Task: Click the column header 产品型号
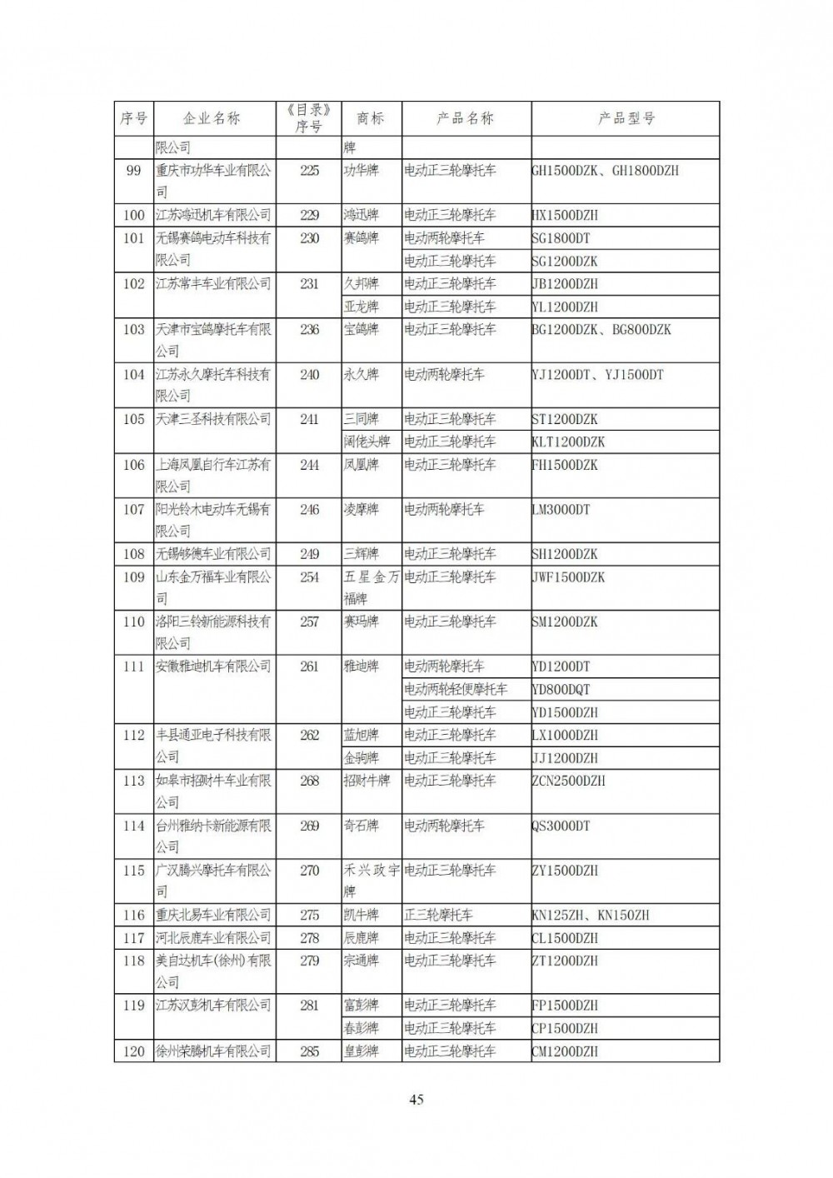click(x=626, y=118)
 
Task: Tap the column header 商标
click(x=371, y=118)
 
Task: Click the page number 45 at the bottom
click(x=416, y=1100)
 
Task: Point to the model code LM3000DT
click(x=561, y=509)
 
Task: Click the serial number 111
click(x=133, y=666)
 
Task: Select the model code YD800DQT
click(x=561, y=690)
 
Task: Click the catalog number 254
click(x=309, y=577)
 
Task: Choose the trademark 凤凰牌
click(x=361, y=465)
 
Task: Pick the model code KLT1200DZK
click(x=568, y=442)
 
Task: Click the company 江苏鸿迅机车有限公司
click(x=213, y=215)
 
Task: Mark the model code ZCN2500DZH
click(x=568, y=781)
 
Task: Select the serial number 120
click(x=133, y=1051)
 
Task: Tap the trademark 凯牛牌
click(x=361, y=915)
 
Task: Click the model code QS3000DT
click(x=561, y=826)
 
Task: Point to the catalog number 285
click(x=309, y=1051)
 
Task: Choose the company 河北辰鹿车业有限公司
click(x=213, y=938)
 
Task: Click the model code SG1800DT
click(x=561, y=238)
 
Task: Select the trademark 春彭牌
click(x=361, y=1028)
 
